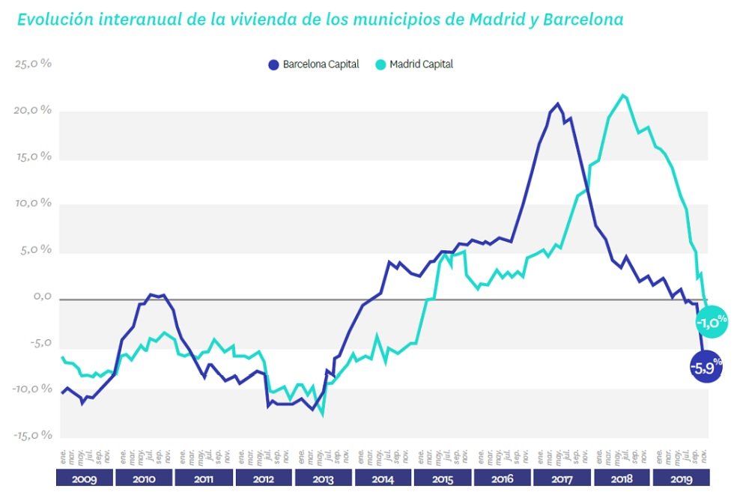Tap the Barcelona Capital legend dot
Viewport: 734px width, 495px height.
coord(273,64)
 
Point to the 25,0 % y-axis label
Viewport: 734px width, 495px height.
coord(33,64)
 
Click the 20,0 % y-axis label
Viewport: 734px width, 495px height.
coord(33,111)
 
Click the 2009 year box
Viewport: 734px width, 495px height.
coord(83,479)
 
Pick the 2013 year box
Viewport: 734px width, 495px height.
coord(323,479)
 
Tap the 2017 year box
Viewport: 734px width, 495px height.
coord(562,479)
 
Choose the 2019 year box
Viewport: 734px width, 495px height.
coord(681,479)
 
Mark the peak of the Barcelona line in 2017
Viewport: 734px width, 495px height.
coord(557,104)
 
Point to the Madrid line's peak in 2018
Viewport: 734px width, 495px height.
coord(623,95)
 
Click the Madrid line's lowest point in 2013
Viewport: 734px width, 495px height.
coord(323,414)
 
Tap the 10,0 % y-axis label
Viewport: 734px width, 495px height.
coord(33,204)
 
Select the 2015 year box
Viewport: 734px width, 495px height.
coord(442,479)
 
